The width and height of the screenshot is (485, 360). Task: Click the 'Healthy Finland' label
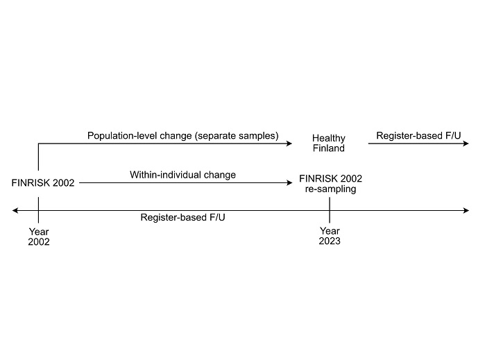tap(328, 143)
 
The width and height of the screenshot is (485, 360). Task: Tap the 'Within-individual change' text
tap(182, 175)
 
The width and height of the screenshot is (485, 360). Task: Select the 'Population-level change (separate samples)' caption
tap(182, 135)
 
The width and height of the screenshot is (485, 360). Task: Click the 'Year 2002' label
tap(39, 237)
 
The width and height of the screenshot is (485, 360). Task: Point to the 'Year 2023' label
tap(330, 236)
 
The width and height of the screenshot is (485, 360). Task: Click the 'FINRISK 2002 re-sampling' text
tap(330, 183)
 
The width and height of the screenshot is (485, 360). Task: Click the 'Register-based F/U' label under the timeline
tap(182, 217)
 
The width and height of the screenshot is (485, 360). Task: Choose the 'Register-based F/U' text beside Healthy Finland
tap(418, 135)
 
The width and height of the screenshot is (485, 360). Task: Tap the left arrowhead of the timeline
tap(15, 211)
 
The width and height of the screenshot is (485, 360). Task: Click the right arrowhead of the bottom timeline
tap(466, 211)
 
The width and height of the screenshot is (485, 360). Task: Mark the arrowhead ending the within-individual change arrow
tap(289, 183)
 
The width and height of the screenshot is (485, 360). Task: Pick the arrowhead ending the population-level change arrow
tap(289, 144)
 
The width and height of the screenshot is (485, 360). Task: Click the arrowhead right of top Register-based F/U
tap(466, 144)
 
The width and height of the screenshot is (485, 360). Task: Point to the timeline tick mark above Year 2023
tap(330, 210)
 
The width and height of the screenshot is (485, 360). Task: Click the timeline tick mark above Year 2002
tap(38, 210)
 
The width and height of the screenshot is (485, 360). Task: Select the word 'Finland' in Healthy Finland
tap(328, 148)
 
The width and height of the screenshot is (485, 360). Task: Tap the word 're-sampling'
tap(330, 189)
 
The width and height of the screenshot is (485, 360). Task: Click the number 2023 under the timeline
tap(330, 241)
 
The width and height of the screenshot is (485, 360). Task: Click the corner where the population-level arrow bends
tap(38, 144)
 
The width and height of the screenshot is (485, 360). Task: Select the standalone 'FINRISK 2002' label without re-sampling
tap(43, 183)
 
